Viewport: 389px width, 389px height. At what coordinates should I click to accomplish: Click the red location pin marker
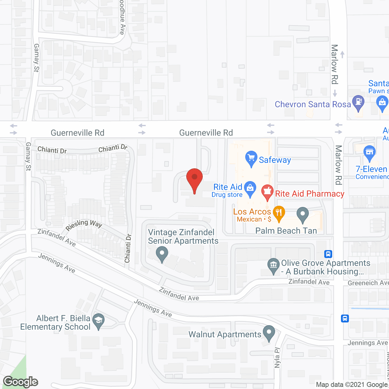(194, 178)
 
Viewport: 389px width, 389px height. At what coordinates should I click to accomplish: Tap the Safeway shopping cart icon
(251, 158)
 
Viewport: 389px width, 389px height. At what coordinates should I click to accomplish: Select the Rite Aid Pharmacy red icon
(267, 192)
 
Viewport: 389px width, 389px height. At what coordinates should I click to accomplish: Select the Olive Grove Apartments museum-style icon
(273, 265)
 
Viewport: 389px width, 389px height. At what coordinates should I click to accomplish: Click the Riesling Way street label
(84, 225)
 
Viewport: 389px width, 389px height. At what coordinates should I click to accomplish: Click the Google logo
(20, 382)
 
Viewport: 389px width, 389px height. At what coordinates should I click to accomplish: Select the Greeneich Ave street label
(368, 283)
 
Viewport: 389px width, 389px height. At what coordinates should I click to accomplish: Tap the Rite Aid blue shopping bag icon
(250, 188)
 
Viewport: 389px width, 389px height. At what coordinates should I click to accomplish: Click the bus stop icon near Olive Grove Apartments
(328, 254)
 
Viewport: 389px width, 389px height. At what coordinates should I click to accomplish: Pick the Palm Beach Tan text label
(286, 231)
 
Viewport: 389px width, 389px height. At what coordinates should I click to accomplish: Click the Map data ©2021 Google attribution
(352, 385)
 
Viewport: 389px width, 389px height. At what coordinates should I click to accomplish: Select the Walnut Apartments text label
(225, 335)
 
